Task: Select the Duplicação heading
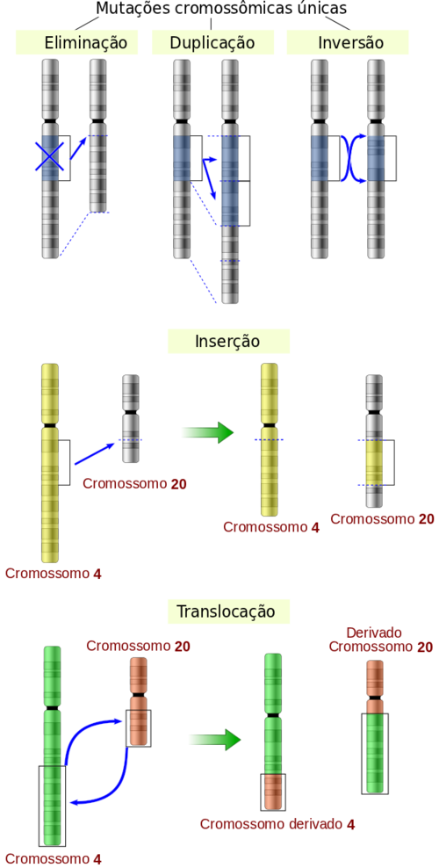pyautogui.click(x=212, y=43)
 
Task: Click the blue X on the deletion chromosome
pyautogui.click(x=50, y=156)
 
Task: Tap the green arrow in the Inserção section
pyautogui.click(x=208, y=431)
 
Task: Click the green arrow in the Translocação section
pyautogui.click(x=215, y=739)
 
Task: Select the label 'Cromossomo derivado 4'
pyautogui.click(x=277, y=824)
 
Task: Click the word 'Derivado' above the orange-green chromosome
pyautogui.click(x=373, y=633)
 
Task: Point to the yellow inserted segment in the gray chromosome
pyautogui.click(x=374, y=463)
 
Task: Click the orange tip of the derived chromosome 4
pyautogui.click(x=273, y=791)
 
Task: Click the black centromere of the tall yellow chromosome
pyautogui.click(x=50, y=424)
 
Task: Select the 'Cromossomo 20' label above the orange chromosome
pyautogui.click(x=138, y=646)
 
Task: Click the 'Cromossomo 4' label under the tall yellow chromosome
pyautogui.click(x=53, y=573)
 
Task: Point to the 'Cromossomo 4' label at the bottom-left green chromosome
pyautogui.click(x=53, y=858)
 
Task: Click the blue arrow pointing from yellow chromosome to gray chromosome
pyautogui.click(x=95, y=452)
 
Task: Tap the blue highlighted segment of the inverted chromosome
pyautogui.click(x=376, y=158)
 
